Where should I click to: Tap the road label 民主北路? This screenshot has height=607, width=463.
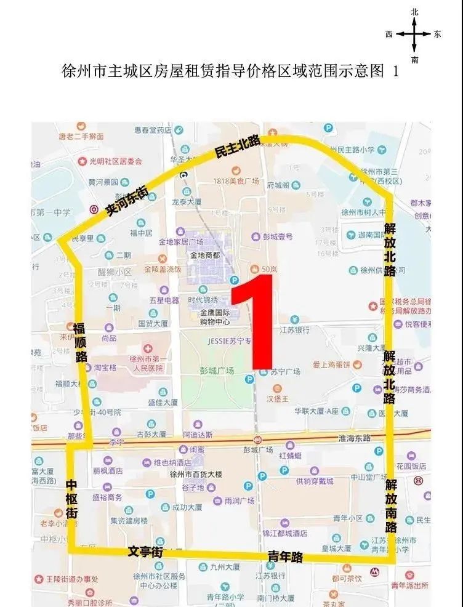tap(236, 147)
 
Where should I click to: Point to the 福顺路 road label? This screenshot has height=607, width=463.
tap(81, 341)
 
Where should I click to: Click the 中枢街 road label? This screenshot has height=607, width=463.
tap(72, 499)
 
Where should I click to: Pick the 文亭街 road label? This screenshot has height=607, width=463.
tap(145, 551)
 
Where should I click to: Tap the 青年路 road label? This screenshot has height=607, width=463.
tap(285, 557)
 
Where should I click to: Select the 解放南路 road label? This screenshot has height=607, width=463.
tap(392, 506)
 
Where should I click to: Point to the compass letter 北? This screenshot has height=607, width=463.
tap(415, 12)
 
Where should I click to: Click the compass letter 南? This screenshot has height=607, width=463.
tap(415, 60)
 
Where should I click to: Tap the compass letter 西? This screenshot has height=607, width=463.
tap(389, 34)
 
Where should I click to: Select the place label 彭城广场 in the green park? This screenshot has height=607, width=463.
tap(217, 371)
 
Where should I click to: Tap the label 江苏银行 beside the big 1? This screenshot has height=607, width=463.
tap(294, 330)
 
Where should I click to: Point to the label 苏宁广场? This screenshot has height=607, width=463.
tap(284, 372)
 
